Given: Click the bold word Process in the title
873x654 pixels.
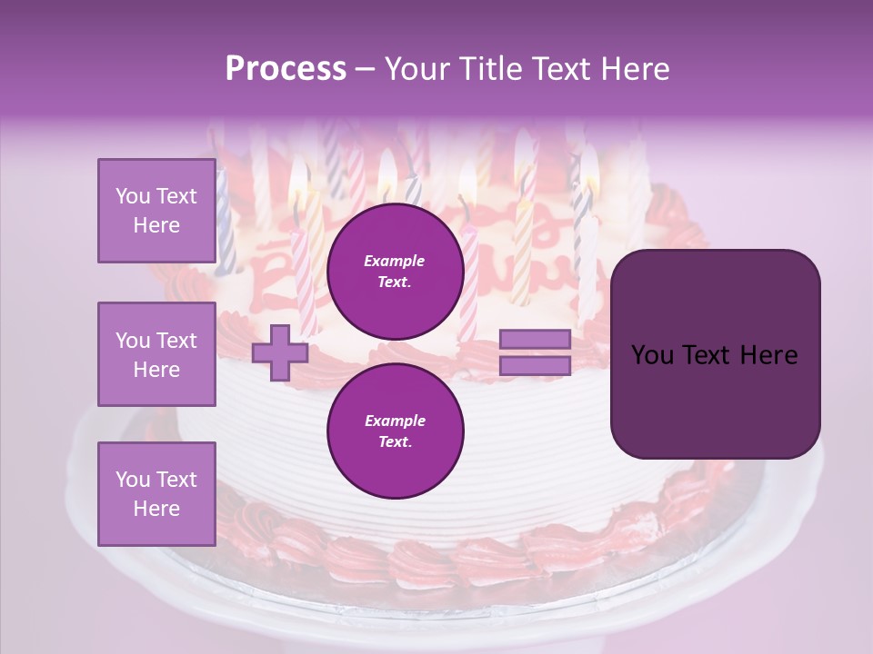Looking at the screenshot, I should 286,69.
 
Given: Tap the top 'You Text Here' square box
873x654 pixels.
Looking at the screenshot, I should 156,211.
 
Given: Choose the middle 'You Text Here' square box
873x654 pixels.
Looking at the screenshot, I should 156,354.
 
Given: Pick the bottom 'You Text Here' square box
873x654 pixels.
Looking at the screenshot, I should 156,494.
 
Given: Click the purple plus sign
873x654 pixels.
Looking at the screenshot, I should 280,352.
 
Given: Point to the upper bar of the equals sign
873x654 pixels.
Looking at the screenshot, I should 535,339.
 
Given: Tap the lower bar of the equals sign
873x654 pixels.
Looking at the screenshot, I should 535,366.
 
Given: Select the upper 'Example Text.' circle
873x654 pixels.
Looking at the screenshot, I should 395,271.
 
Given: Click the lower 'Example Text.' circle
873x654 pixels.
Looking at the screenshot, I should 395,431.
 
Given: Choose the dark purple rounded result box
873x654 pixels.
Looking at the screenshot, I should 715,353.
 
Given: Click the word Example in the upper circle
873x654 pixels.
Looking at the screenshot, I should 395,261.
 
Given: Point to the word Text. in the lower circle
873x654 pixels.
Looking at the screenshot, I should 395,441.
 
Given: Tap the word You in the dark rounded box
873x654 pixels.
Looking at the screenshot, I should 653,355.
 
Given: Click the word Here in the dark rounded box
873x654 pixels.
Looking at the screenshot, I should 769,355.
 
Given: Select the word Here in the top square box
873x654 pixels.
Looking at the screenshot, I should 156,225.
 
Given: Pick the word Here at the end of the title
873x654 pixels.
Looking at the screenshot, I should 637,69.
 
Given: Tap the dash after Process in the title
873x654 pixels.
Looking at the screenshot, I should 365,69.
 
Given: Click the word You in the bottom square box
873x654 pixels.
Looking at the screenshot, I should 133,480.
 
